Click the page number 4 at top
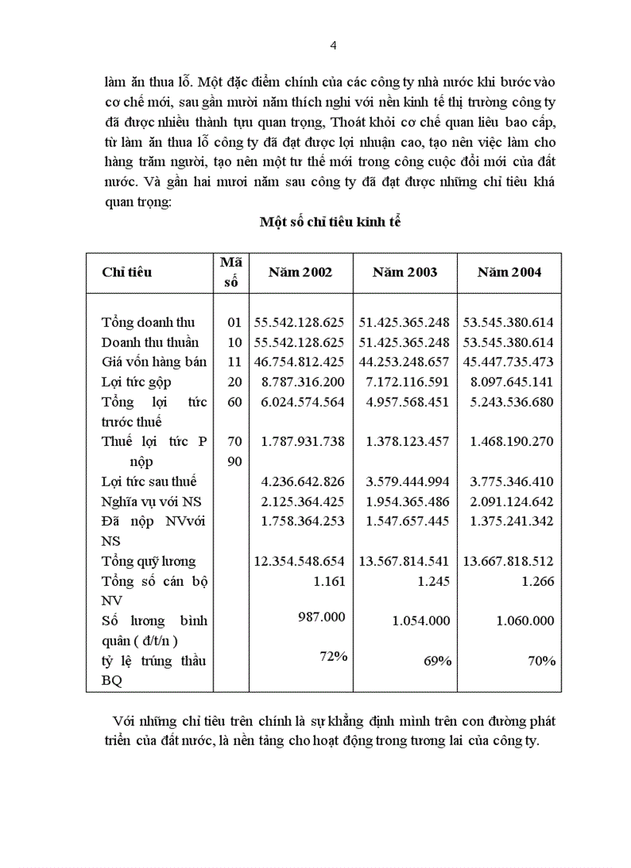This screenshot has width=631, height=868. (x=333, y=46)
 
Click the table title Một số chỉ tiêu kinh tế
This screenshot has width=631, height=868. (x=330, y=222)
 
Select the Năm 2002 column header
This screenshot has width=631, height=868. (x=300, y=272)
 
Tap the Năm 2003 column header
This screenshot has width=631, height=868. (x=404, y=272)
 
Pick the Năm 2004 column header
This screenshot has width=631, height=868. (x=509, y=272)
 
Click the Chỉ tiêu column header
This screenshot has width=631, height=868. (x=127, y=272)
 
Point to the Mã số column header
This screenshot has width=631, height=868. (x=230, y=272)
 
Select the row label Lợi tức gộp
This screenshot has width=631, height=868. (x=136, y=382)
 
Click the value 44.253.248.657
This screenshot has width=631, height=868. (x=404, y=362)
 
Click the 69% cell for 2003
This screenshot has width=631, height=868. (x=438, y=660)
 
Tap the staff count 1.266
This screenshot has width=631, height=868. (x=538, y=581)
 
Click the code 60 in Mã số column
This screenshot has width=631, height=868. (x=235, y=402)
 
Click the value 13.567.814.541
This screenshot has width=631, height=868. (x=404, y=562)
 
